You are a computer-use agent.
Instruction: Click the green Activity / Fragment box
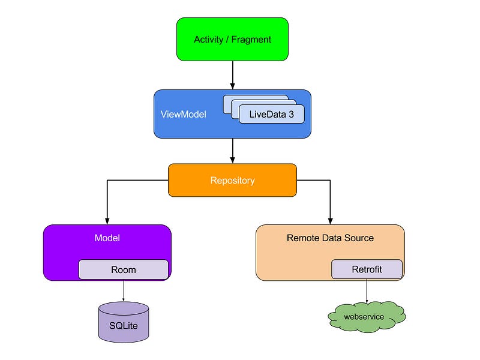click(232, 39)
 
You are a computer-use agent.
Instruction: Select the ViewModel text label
click(183, 114)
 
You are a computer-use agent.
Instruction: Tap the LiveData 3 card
click(271, 114)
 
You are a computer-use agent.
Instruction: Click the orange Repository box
click(232, 180)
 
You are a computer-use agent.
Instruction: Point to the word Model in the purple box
click(107, 238)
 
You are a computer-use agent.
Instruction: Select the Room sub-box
click(124, 269)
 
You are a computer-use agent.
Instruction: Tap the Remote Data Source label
click(330, 238)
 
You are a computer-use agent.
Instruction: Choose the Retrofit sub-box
click(367, 269)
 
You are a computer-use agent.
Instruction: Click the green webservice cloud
click(364, 316)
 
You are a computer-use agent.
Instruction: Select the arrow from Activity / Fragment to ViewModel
click(232, 75)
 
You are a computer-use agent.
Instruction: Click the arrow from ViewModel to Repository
click(232, 151)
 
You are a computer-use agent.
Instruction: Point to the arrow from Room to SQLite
click(124, 290)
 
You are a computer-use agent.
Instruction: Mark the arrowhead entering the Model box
click(107, 220)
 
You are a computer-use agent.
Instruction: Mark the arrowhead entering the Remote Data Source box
click(330, 220)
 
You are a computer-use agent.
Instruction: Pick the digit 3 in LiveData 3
click(291, 114)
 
